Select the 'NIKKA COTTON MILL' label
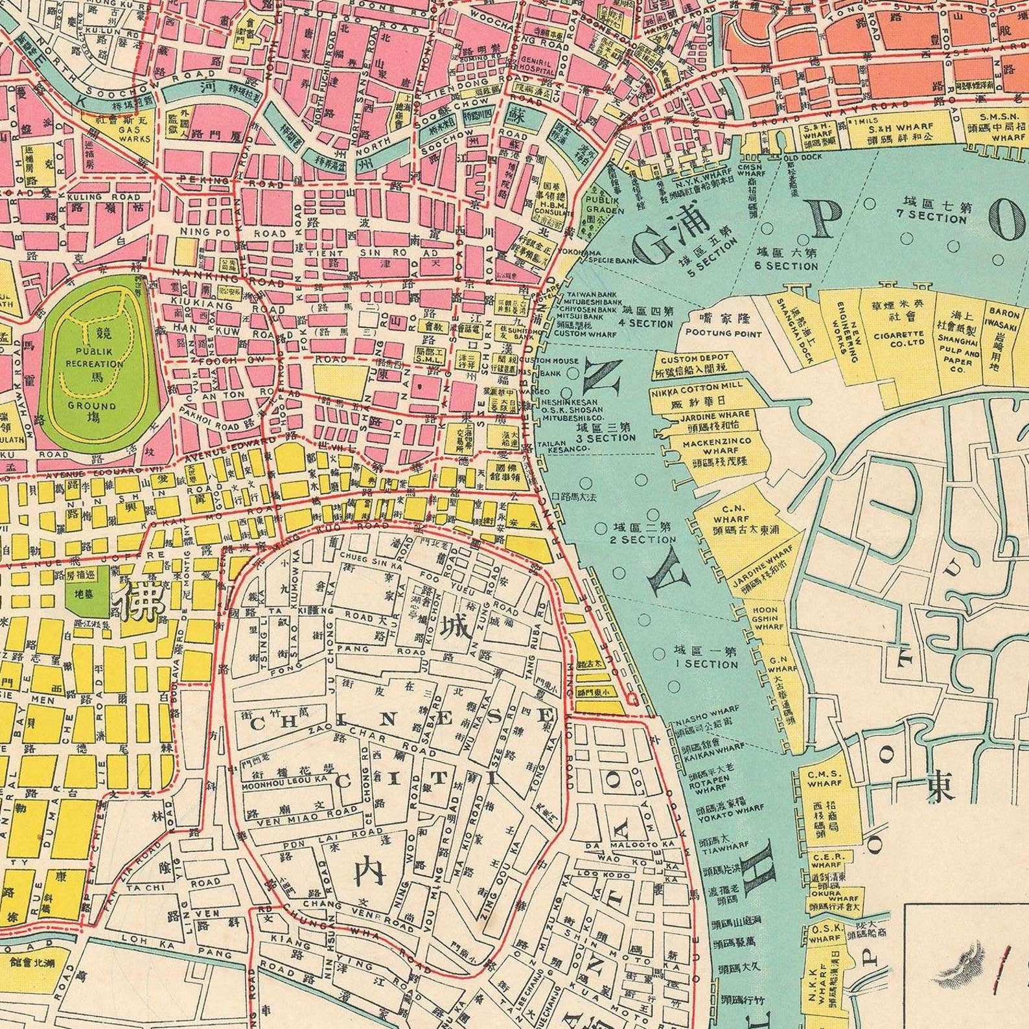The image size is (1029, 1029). click(697, 385)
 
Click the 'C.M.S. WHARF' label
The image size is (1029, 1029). click(824, 778)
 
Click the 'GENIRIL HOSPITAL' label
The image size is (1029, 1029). click(535, 65)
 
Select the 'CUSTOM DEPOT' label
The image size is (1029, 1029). click(695, 358)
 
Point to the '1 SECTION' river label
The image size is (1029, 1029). click(706, 664)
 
